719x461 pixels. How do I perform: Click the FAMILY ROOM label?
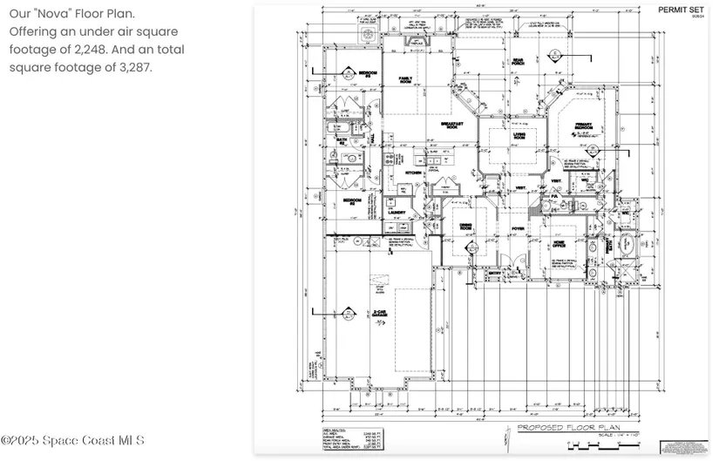406,79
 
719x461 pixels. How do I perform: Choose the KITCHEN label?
413,173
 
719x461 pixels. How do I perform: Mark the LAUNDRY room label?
399,212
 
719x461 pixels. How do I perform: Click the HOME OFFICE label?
559,244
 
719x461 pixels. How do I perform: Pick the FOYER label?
518,228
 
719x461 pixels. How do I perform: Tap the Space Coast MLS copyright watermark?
73,441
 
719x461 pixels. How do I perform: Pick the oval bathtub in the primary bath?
627,243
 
